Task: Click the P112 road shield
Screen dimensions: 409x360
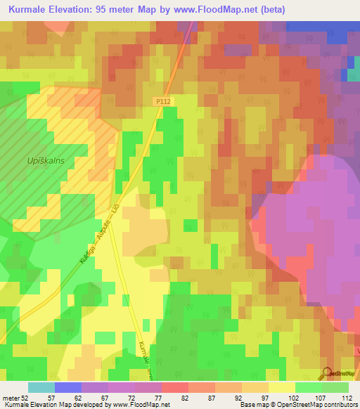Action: click(x=164, y=102)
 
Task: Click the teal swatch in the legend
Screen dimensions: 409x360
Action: click(x=41, y=387)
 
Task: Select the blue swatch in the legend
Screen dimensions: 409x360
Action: click(x=68, y=387)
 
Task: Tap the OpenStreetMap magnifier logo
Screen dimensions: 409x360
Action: click(x=328, y=375)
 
